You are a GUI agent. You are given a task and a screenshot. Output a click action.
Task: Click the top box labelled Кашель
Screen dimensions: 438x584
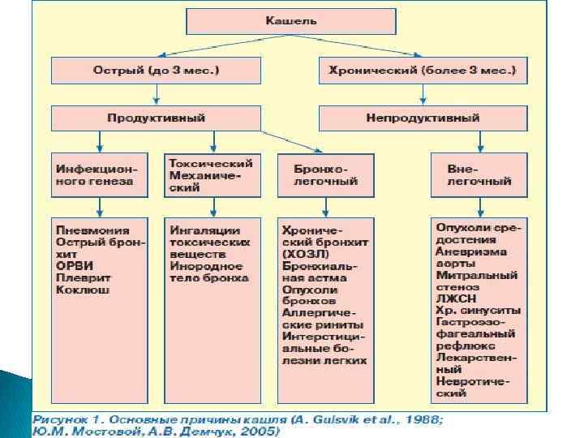[x=291, y=20]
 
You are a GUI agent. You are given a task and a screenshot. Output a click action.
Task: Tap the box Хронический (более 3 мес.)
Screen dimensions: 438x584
[x=423, y=70]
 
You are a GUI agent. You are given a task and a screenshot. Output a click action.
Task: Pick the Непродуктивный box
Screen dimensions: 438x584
[x=423, y=118]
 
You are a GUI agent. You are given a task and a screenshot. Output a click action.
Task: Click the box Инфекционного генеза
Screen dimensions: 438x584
[x=96, y=175]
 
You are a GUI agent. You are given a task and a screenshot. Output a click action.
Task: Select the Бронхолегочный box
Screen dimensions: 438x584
[x=324, y=175]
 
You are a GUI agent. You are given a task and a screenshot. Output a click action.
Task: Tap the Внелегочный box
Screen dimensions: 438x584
[x=479, y=175]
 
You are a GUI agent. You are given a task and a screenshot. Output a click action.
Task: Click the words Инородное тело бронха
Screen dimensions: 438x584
[x=206, y=272]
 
